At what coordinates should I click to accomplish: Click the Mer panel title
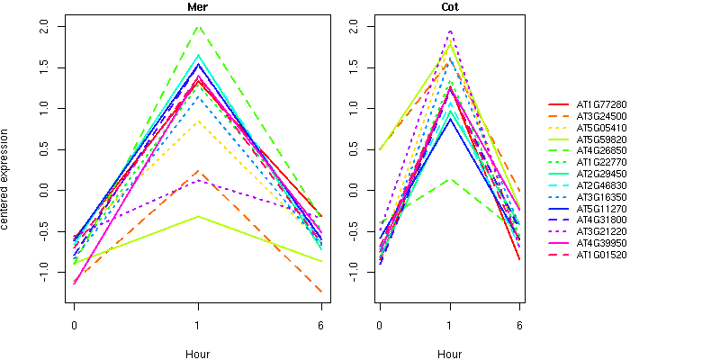pyautogui.click(x=197, y=7)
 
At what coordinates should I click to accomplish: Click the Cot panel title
pyautogui.click(x=449, y=7)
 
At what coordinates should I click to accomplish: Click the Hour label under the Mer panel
pyautogui.click(x=197, y=354)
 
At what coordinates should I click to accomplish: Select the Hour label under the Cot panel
pyautogui.click(x=449, y=354)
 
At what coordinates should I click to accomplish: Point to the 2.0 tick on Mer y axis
pyautogui.click(x=49, y=27)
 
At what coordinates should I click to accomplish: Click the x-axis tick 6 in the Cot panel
pyautogui.click(x=519, y=324)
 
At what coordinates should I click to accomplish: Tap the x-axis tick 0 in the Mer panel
pyautogui.click(x=74, y=324)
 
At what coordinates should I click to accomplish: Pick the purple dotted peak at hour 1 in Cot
pyautogui.click(x=450, y=31)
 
